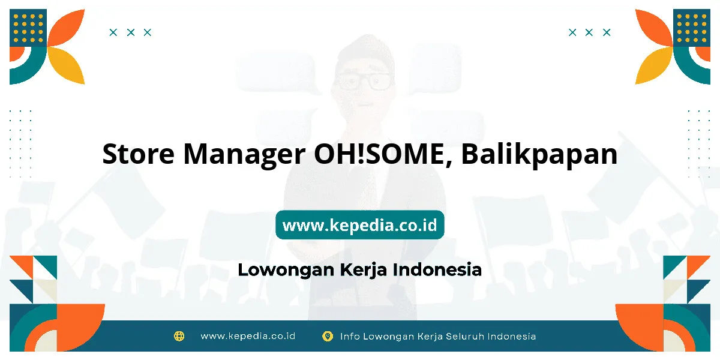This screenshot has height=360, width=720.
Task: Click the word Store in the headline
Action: click(x=139, y=154)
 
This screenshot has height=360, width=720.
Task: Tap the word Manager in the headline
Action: click(x=244, y=155)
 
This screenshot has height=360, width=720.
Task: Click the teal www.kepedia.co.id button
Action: click(x=359, y=225)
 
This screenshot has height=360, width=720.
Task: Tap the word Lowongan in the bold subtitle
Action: click(x=286, y=270)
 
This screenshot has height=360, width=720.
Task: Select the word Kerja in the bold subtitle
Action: click(x=363, y=270)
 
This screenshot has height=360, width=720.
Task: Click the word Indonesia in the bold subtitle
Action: click(x=437, y=269)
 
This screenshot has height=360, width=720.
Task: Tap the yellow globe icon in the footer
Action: click(x=179, y=336)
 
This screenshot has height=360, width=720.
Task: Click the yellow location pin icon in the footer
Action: click(x=328, y=336)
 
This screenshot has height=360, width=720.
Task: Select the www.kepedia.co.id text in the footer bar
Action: click(x=248, y=336)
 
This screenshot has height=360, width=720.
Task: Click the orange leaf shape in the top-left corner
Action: click(x=67, y=28)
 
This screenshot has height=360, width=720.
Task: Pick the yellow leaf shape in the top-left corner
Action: click(x=67, y=65)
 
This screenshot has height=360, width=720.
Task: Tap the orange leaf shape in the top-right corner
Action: click(x=653, y=28)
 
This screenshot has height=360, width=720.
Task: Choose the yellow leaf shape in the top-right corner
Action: click(x=653, y=65)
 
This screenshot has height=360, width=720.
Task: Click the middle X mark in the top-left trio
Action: click(x=131, y=32)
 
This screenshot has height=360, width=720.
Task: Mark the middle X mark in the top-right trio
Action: click(x=589, y=32)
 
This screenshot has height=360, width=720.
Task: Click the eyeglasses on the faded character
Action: click(x=363, y=82)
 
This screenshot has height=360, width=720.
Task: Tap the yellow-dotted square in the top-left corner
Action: click(x=28, y=28)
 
